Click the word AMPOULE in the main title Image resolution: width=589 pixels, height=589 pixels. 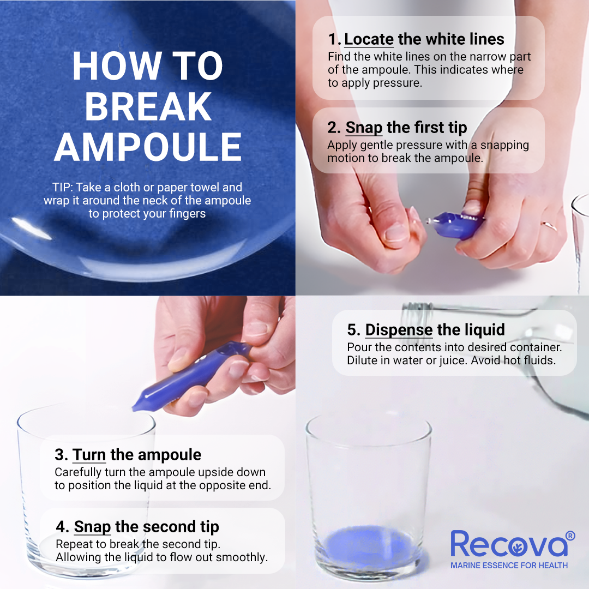(x=148, y=147)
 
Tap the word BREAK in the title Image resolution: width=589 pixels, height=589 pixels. (x=148, y=107)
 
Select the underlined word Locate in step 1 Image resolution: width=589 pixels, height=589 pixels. (x=369, y=39)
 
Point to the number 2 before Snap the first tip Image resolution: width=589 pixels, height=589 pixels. (x=333, y=128)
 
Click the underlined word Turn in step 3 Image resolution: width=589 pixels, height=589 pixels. (x=89, y=454)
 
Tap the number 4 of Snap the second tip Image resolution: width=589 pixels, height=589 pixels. (x=61, y=527)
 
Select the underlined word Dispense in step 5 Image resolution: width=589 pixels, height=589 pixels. (x=399, y=330)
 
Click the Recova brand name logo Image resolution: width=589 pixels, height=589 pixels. (x=509, y=544)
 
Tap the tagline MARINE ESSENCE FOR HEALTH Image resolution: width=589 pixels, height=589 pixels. (x=509, y=566)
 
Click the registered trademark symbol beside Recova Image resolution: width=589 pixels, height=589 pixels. (x=570, y=536)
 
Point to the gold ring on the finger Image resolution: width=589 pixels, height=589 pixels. (x=549, y=225)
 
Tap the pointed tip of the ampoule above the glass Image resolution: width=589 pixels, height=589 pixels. (x=133, y=408)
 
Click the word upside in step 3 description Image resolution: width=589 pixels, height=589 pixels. (x=214, y=472)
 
